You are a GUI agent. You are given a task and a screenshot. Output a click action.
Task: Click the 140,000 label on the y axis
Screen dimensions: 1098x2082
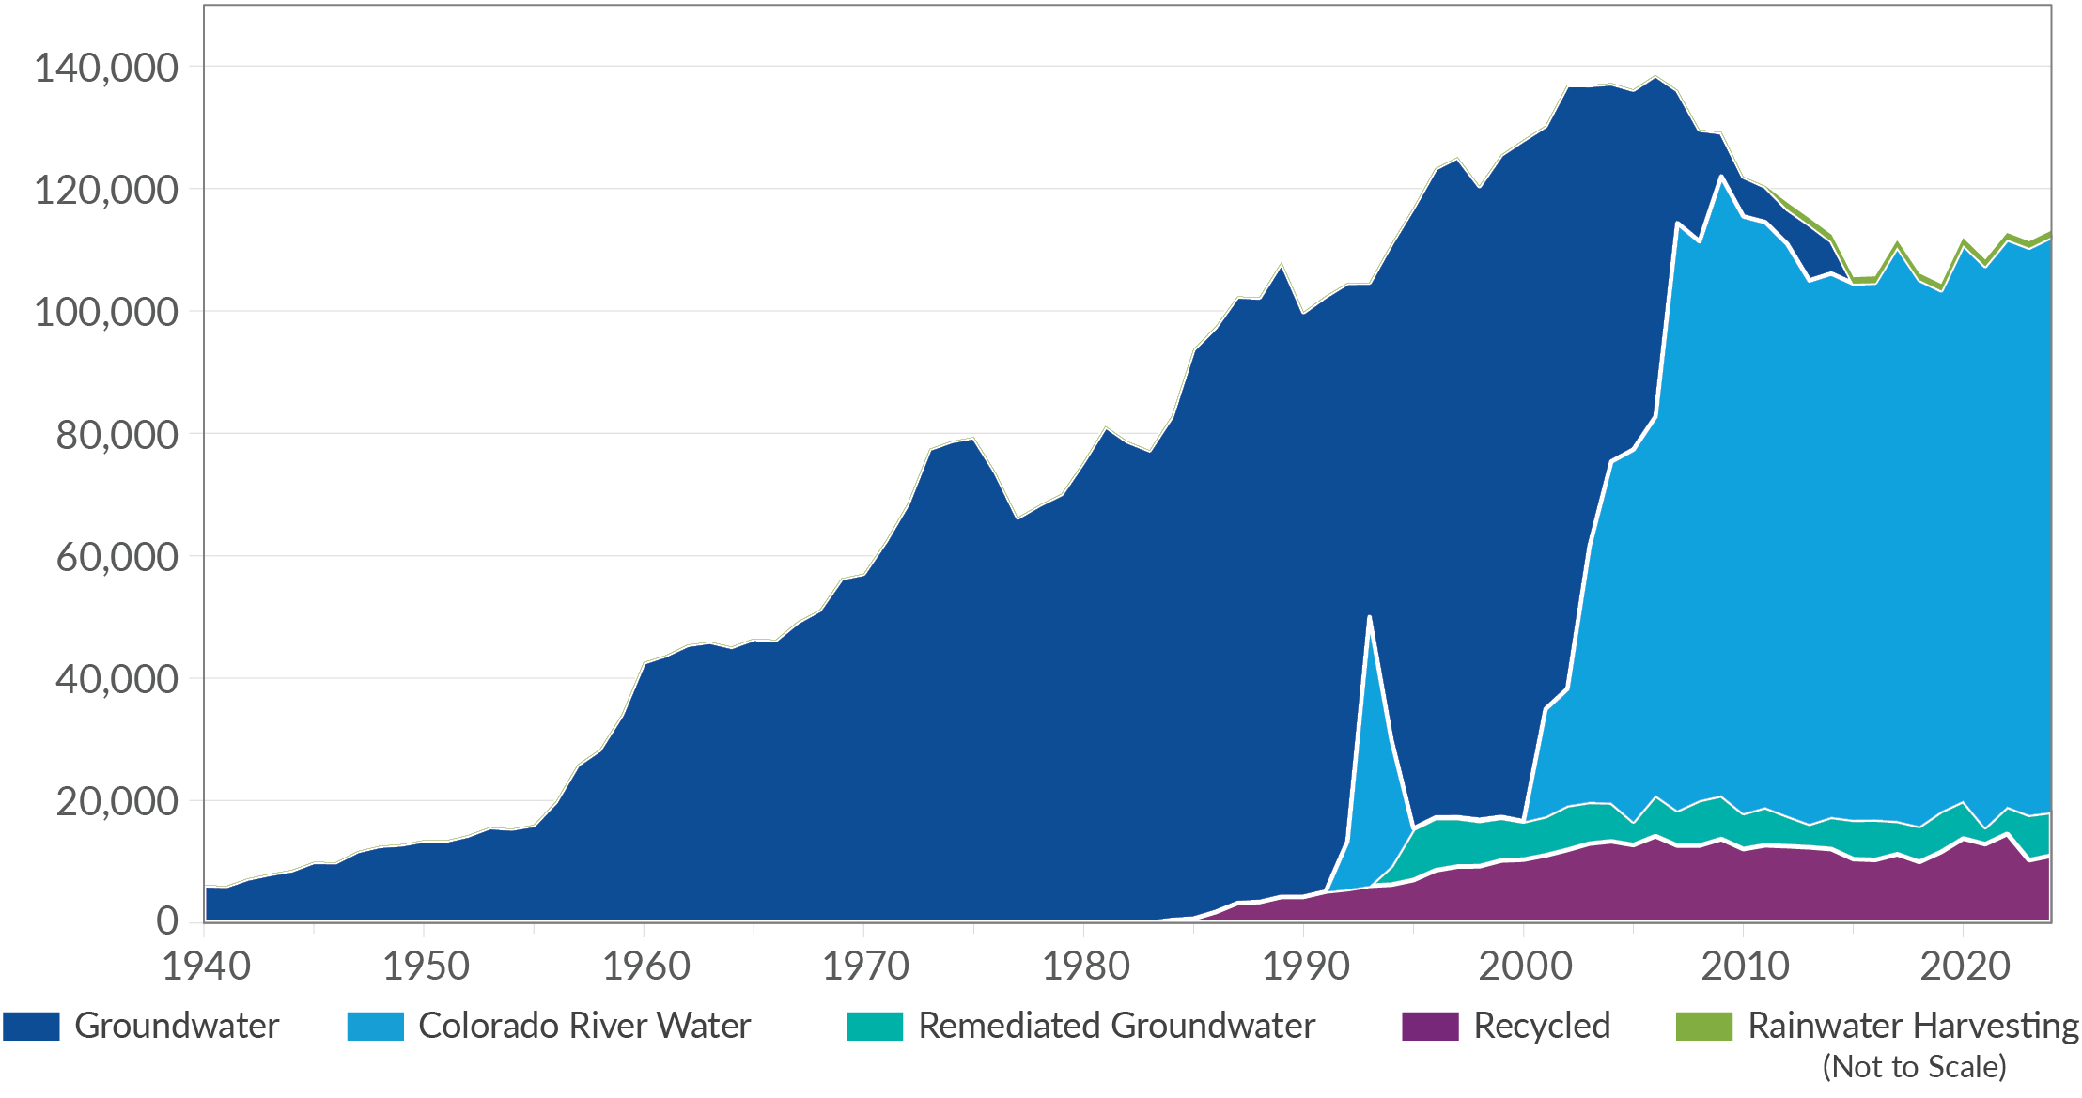(105, 68)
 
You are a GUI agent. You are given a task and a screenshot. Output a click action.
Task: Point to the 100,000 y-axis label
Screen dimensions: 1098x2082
(105, 312)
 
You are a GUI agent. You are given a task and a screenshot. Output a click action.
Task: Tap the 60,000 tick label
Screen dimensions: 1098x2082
(117, 557)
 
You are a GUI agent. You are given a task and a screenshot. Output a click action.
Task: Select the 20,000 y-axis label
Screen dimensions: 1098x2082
(117, 801)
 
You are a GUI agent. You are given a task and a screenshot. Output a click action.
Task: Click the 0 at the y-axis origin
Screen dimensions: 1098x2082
(166, 921)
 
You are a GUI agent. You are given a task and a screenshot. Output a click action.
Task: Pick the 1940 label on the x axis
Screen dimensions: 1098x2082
(206, 966)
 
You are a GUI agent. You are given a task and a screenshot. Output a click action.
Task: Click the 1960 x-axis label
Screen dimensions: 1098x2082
(645, 966)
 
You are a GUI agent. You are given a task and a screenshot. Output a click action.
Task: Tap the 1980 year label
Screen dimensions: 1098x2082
(1085, 966)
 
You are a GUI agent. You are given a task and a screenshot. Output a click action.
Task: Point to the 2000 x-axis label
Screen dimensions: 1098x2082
(1525, 966)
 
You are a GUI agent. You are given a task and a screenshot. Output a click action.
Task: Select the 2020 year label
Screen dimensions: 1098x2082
(1964, 966)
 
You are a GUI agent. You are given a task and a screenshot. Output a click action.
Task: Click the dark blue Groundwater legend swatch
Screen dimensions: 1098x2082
(31, 1026)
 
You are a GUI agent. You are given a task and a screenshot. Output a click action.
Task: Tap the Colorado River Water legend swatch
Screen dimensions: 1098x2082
(375, 1026)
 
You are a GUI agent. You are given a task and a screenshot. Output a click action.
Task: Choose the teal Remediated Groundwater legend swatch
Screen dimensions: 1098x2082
(874, 1026)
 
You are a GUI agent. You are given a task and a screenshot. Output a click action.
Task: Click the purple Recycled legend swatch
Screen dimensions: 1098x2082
(1430, 1026)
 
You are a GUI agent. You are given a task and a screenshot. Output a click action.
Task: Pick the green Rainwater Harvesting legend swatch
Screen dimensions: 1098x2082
(1703, 1026)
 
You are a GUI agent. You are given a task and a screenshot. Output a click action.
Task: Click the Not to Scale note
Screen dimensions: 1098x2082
(1914, 1067)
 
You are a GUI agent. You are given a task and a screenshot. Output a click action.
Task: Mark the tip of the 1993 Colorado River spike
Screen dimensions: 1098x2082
(1370, 616)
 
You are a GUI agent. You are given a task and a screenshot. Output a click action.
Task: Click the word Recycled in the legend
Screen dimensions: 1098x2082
(1542, 1026)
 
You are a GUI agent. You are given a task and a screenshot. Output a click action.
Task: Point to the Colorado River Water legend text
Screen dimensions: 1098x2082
(584, 1026)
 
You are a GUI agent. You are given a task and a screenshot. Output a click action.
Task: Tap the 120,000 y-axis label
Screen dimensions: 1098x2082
(105, 190)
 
